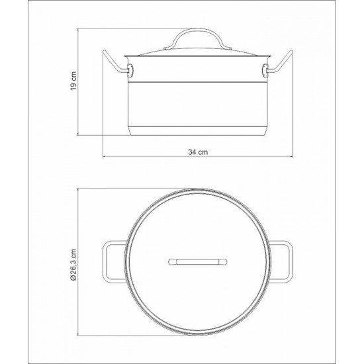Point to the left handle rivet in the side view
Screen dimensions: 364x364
(130, 70)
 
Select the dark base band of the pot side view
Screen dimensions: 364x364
(197, 131)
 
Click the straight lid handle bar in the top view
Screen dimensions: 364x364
(198, 261)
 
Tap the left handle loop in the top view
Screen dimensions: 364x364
(111, 261)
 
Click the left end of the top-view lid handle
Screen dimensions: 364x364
(169, 261)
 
